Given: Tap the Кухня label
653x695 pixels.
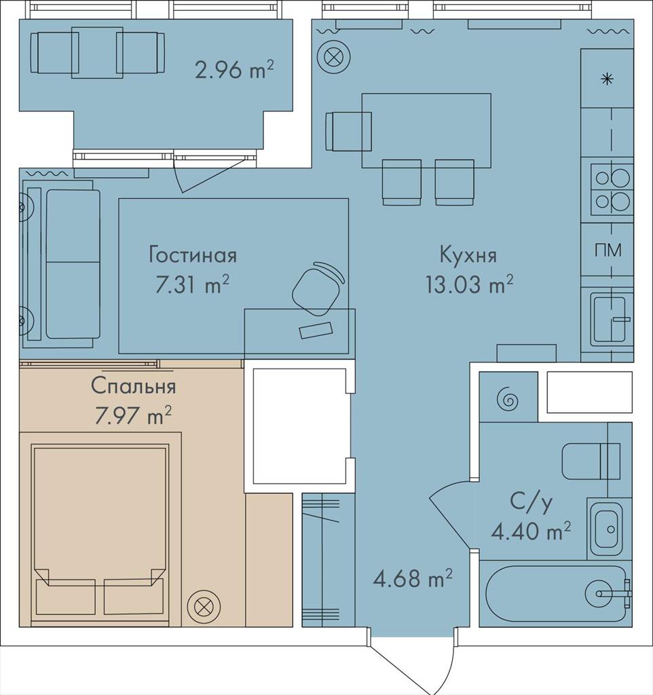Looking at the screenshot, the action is (x=468, y=255).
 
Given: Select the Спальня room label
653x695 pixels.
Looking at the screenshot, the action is (x=134, y=386).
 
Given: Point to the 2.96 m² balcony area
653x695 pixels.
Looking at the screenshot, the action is (x=234, y=70).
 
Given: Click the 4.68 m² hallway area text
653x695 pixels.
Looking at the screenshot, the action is (x=413, y=578).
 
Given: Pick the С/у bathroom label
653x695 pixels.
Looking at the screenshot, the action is (x=531, y=502).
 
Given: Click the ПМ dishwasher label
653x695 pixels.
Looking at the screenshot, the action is (x=608, y=250).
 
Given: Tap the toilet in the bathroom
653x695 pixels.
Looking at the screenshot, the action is (x=591, y=461).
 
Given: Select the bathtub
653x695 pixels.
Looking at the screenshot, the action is (x=557, y=593).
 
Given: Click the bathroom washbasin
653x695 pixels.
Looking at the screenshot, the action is (x=606, y=529).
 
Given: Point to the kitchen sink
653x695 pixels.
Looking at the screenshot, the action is (x=610, y=318).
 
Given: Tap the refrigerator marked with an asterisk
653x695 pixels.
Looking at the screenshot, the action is (x=607, y=79).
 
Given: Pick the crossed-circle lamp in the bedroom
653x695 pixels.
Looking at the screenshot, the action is (x=204, y=606).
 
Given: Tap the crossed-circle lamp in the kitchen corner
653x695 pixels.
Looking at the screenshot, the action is (x=334, y=57).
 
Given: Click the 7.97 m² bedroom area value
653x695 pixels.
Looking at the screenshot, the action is (x=133, y=415).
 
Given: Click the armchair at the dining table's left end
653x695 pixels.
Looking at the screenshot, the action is (x=348, y=131).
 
